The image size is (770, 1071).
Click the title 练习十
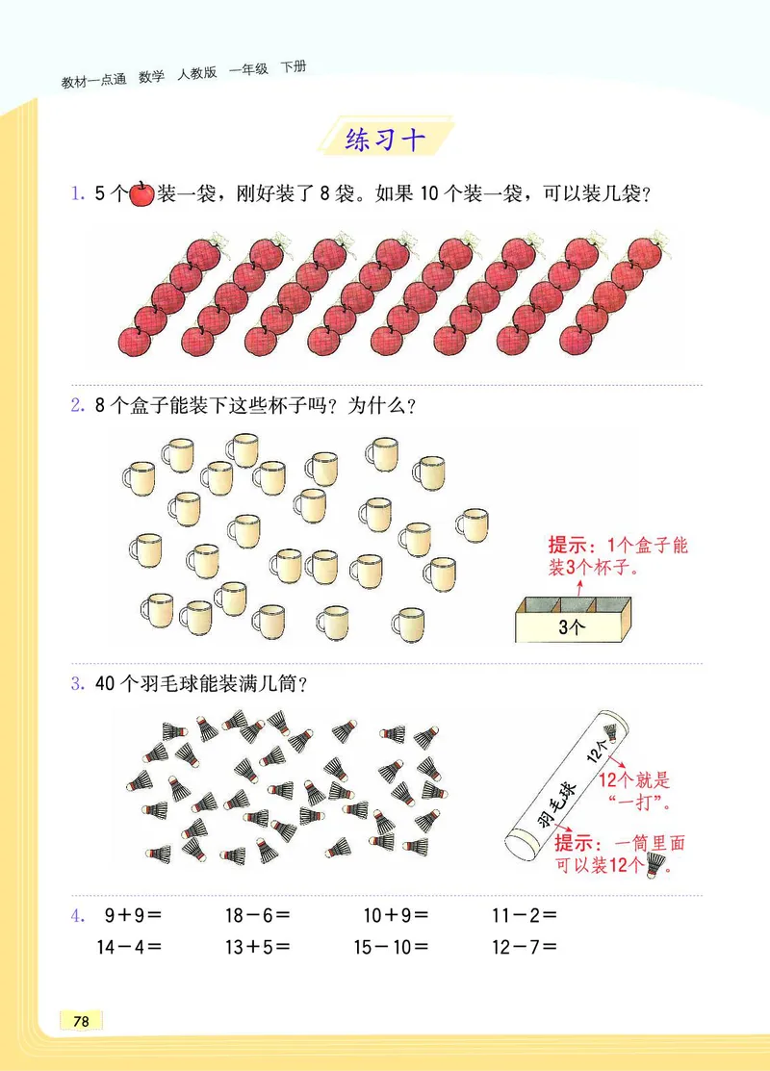point(384,140)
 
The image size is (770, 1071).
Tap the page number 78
point(81,1021)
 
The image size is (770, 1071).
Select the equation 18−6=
point(257,916)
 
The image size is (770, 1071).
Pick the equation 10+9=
point(396,916)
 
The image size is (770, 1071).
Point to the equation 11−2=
point(525,916)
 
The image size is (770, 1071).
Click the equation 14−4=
point(129,946)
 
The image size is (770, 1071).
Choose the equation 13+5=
point(257,946)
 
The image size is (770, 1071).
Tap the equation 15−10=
point(392,946)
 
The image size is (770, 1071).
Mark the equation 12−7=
point(525,946)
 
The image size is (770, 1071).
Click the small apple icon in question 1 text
point(141,193)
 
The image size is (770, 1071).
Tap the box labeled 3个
point(572,623)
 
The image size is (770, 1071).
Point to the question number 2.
point(77,406)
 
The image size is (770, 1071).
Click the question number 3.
point(77,685)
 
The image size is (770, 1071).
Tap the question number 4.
point(78,916)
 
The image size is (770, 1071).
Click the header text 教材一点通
point(93,82)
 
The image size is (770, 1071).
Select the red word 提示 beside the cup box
point(569,546)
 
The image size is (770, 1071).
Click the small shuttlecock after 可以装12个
point(657,866)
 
